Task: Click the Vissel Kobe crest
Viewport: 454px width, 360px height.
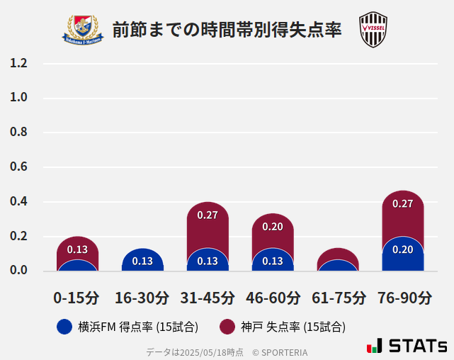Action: coord(373,30)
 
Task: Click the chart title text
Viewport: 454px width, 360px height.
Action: coord(227,30)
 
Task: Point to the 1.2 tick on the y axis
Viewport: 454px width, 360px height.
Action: coord(18,63)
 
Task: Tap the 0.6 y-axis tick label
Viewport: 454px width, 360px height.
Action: coord(18,167)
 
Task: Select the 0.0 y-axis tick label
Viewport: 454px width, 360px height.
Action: coord(18,270)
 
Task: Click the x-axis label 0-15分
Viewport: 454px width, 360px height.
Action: coord(77,297)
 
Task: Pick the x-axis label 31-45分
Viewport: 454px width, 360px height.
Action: coord(208,297)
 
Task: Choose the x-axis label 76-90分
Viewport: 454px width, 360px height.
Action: coord(403,297)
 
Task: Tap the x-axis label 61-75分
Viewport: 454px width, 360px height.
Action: coord(338,297)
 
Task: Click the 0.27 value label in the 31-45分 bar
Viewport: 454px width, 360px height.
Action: coord(208,215)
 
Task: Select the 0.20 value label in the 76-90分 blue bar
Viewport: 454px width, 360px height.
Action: coord(403,249)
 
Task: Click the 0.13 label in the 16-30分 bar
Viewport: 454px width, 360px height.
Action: coord(142,261)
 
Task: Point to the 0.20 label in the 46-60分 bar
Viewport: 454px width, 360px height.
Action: coord(273,227)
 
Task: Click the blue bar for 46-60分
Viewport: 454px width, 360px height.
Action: coord(273,261)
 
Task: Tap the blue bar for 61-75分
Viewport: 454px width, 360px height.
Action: coord(338,266)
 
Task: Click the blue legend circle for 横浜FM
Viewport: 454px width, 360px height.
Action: coord(64,327)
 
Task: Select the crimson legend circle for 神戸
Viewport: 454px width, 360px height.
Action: coord(227,327)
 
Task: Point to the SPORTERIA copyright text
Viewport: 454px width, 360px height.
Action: coord(280,352)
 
